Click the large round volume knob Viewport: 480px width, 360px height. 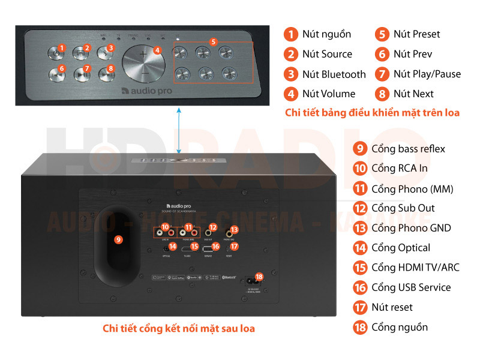(x=143, y=62)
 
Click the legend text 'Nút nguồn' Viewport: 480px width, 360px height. (x=326, y=34)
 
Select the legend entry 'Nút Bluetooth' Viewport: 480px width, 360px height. (x=334, y=74)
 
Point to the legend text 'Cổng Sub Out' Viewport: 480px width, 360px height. (x=403, y=208)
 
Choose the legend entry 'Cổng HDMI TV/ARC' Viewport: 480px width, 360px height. (x=415, y=268)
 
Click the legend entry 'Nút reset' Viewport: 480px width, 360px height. (x=392, y=307)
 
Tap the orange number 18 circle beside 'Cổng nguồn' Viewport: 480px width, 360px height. (x=359, y=327)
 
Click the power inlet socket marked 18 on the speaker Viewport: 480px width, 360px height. (x=251, y=281)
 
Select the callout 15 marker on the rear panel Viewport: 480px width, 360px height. (x=194, y=246)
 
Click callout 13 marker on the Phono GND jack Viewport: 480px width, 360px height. (x=235, y=229)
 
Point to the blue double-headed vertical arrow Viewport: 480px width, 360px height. (x=178, y=130)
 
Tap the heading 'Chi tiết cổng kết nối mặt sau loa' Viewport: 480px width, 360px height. (x=179, y=328)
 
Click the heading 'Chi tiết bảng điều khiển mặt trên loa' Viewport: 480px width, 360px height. (x=372, y=113)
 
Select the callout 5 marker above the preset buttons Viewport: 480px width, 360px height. (x=214, y=42)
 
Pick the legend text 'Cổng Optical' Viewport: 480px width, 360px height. (x=400, y=248)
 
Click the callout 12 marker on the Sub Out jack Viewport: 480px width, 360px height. (x=211, y=228)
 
